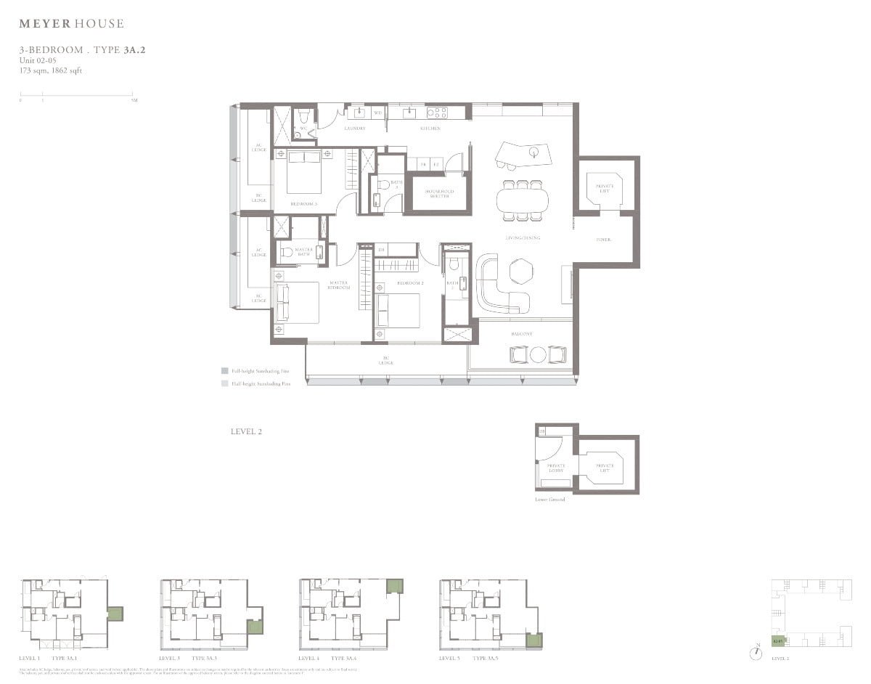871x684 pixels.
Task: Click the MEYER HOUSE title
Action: [71, 24]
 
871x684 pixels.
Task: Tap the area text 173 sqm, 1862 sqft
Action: [50, 70]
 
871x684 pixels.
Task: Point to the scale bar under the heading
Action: [76, 94]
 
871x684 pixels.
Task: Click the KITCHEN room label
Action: [430, 129]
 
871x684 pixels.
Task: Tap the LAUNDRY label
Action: [354, 129]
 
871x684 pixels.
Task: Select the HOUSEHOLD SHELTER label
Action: [439, 194]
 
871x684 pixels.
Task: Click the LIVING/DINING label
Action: [522, 237]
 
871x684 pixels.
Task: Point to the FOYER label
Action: [603, 239]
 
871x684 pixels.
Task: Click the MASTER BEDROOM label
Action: [339, 285]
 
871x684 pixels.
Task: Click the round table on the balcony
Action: [538, 354]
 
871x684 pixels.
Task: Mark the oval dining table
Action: [523, 199]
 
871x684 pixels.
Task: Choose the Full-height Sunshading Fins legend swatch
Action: [225, 370]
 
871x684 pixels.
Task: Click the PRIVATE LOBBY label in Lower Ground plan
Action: [556, 468]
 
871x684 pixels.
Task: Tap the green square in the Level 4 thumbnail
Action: [394, 586]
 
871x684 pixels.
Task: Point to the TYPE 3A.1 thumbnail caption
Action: [69, 658]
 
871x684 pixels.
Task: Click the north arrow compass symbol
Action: [757, 653]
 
